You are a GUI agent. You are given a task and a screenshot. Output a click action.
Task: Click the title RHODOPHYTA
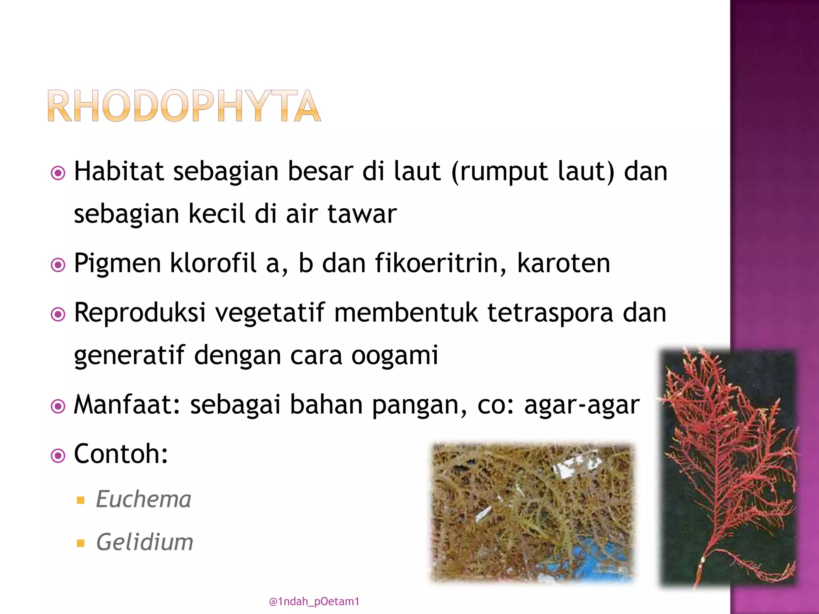[184, 106]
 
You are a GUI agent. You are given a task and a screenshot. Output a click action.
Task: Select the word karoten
[563, 263]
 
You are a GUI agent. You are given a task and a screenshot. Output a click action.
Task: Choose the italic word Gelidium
[145, 542]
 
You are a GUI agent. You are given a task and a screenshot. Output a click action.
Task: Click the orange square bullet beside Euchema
[81, 500]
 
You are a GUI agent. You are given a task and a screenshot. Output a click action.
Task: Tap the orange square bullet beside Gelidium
[81, 543]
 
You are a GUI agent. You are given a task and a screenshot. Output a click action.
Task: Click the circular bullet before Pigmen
[58, 265]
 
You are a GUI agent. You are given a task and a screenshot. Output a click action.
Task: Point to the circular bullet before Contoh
[58, 456]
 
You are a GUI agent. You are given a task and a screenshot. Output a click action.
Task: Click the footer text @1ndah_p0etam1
[314, 602]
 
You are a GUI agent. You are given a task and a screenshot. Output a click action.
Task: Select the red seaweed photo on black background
[728, 468]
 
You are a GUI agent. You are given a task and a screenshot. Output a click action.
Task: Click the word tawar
[362, 214]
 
